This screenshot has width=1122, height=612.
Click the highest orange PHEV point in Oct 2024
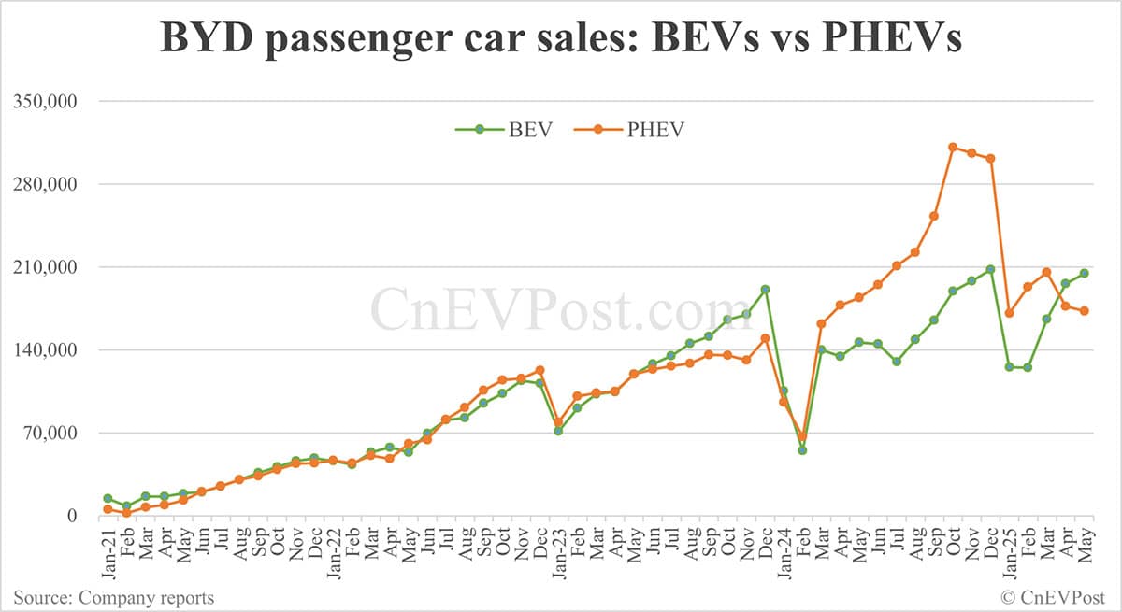953,147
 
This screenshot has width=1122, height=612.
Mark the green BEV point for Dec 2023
765,290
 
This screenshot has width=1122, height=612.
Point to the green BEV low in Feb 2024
802,450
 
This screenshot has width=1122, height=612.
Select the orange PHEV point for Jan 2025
1009,313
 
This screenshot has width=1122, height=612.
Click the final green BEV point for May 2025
1085,273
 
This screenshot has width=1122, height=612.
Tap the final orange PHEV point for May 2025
1085,311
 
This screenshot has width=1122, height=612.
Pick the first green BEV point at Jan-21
108,499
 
